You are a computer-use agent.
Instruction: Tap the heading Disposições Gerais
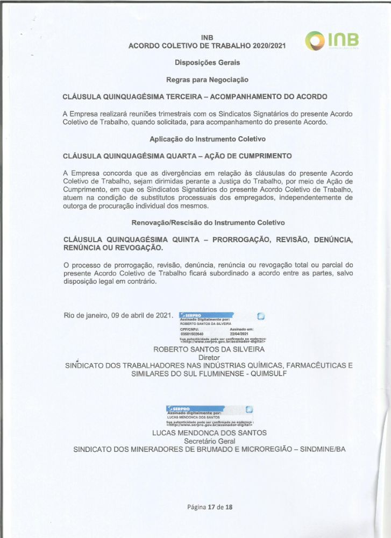click(x=207, y=63)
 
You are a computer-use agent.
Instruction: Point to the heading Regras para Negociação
click(x=207, y=80)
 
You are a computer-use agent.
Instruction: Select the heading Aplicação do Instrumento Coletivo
click(x=208, y=139)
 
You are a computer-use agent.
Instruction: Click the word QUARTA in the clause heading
click(x=168, y=156)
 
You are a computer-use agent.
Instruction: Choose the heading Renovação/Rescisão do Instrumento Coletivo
click(x=208, y=223)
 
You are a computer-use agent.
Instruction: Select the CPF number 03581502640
click(x=191, y=333)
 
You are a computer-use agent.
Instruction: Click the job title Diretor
click(x=209, y=357)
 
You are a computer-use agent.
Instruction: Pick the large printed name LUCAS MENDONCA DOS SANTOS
click(x=209, y=433)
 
